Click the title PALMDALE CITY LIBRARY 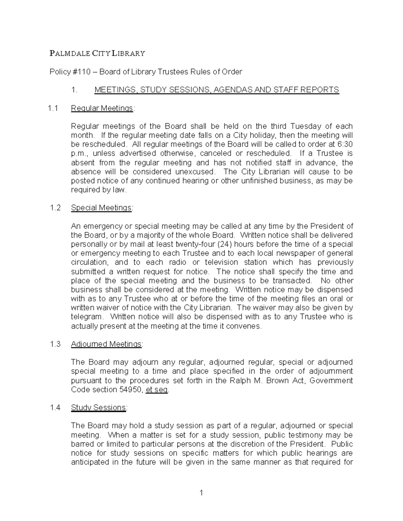point(97,53)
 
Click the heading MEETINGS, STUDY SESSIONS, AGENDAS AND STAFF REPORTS point(217,90)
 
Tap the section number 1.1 point(53,108)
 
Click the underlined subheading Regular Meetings point(102,108)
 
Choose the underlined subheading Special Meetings point(101,208)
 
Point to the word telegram point(86,317)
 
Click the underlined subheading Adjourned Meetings point(106,344)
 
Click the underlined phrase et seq point(157,390)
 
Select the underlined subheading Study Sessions point(99,408)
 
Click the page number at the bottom point(201,493)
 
